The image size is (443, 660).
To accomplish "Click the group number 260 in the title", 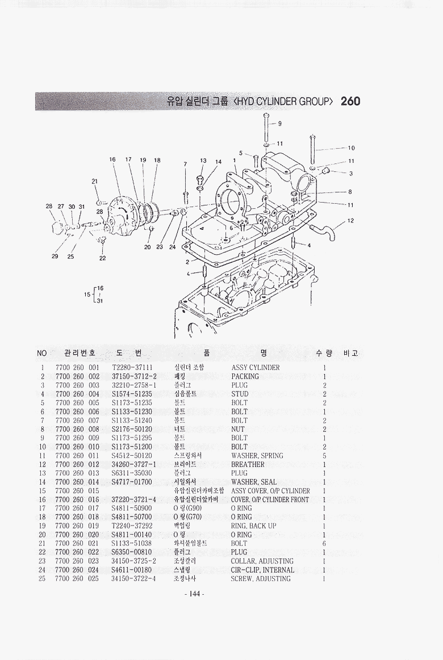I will tap(350, 101).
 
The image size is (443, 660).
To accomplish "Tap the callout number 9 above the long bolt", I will tap(279, 123).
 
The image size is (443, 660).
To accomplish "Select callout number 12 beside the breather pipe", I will tap(350, 221).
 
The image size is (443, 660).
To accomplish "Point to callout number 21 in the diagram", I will tap(95, 181).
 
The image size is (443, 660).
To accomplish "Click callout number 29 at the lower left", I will tap(55, 256).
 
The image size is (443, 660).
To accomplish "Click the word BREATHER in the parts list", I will tap(248, 464).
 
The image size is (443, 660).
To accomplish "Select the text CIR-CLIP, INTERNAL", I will tap(262, 570).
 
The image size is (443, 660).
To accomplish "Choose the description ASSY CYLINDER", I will tap(256, 368).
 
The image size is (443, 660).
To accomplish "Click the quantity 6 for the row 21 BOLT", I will tap(324, 544).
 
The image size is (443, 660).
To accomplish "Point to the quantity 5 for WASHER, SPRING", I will tap(324, 456).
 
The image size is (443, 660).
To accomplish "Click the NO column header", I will tap(41, 354).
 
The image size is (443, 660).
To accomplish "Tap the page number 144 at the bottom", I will tap(194, 594).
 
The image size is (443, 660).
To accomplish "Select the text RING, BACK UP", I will tap(254, 526).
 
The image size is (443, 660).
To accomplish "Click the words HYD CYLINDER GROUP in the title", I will tap(283, 102).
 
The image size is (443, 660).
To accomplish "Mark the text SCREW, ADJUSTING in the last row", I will tap(261, 579).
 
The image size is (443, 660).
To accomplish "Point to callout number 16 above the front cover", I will tap(112, 160).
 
